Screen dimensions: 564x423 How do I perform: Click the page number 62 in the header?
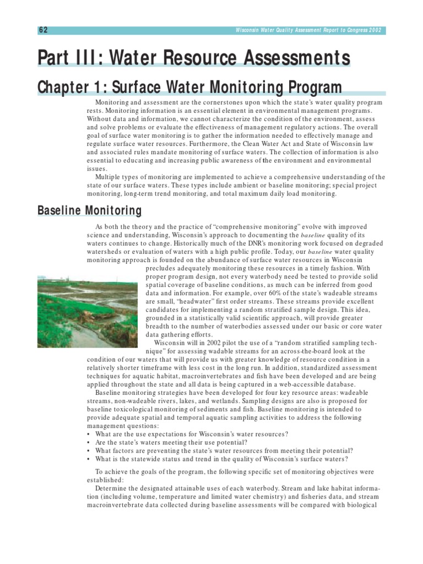[x=42, y=30]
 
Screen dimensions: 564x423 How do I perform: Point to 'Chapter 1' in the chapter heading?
[x=67, y=88]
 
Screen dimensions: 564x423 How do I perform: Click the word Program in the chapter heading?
[x=311, y=88]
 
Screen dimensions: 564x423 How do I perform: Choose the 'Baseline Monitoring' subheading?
[x=89, y=211]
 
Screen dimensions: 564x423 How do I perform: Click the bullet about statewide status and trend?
[x=220, y=459]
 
